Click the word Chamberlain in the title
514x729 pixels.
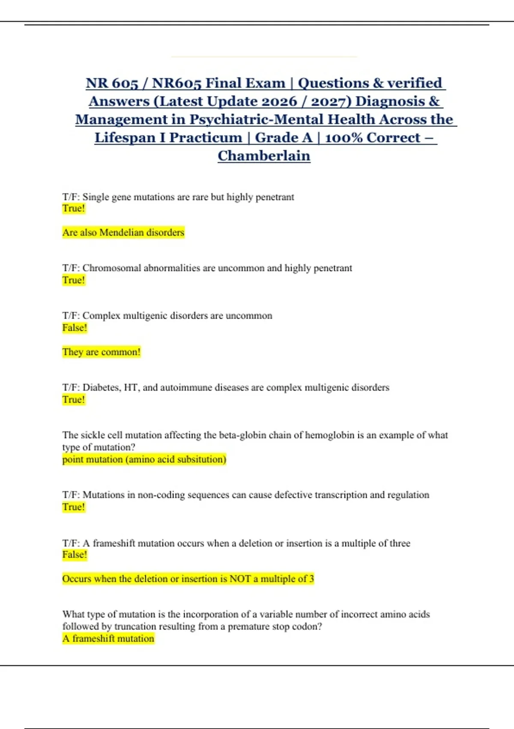tap(264, 156)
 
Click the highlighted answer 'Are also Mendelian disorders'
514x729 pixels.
tap(123, 232)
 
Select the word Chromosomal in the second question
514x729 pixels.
tap(111, 268)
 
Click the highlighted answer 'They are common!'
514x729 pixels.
tap(102, 352)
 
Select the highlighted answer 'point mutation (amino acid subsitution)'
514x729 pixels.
tap(144, 459)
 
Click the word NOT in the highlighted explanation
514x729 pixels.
tap(240, 579)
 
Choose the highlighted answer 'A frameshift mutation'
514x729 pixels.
tap(108, 639)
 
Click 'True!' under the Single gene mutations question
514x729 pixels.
tap(74, 208)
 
